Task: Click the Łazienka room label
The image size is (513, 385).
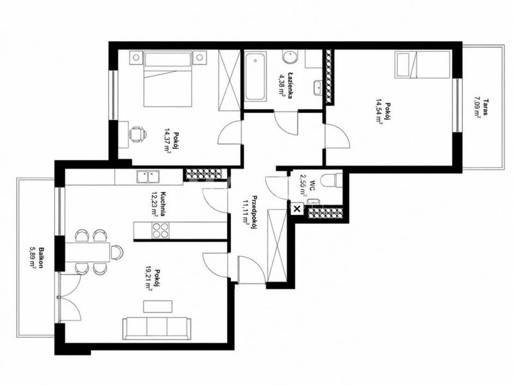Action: tap(290, 85)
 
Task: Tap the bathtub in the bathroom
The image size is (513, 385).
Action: tap(255, 77)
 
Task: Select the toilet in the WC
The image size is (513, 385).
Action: tap(331, 181)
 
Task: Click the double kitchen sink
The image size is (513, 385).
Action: tap(148, 177)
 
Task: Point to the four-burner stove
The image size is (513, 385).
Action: tap(160, 230)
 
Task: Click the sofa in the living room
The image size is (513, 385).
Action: tap(156, 329)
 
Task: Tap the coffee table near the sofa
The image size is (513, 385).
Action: tap(158, 307)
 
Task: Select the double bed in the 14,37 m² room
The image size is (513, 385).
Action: tap(167, 79)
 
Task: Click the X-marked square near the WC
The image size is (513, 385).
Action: tap(297, 209)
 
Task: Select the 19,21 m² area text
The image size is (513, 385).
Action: tap(149, 278)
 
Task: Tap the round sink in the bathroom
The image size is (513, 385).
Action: tap(290, 57)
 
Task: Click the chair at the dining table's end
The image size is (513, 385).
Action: tap(117, 252)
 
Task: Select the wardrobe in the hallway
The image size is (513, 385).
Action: tap(277, 245)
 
